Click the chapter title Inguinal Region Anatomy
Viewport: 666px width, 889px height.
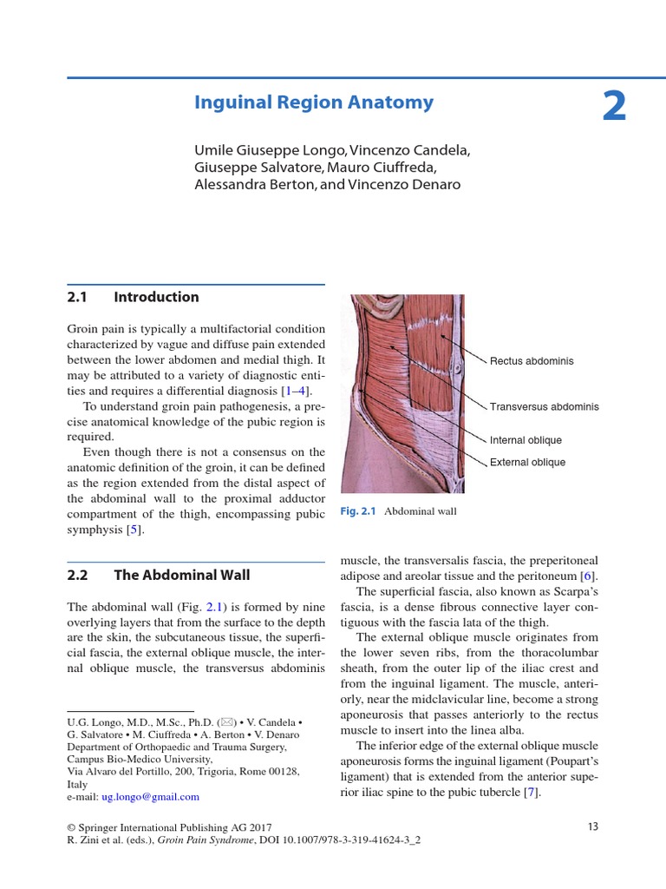314,102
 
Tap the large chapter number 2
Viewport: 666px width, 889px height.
614,108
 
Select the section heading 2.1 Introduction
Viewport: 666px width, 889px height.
133,297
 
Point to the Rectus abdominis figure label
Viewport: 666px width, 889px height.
532,361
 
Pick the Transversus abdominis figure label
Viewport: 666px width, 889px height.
544,406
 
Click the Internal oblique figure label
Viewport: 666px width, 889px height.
526,440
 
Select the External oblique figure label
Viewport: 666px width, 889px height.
527,462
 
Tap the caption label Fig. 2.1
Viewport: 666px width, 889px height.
358,511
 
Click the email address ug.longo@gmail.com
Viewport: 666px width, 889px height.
153,795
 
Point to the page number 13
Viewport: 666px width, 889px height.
593,826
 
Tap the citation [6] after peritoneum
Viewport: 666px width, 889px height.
587,576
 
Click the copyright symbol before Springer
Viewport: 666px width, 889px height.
71,826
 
